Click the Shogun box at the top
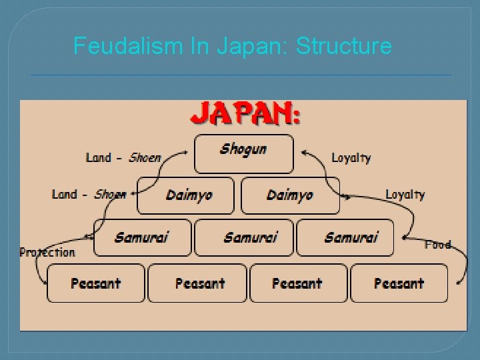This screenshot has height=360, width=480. [x=243, y=153]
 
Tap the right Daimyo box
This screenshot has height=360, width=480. [x=290, y=195]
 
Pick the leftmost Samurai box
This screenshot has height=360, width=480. [x=142, y=237]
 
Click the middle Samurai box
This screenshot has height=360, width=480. [x=243, y=237]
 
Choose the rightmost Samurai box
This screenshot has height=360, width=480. [x=345, y=237]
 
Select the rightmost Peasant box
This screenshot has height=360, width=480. [x=399, y=283]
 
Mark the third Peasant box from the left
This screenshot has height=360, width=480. [x=298, y=283]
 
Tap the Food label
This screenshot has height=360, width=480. [x=438, y=245]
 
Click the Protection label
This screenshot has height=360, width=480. [x=47, y=253]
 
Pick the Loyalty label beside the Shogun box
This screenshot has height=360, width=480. [x=351, y=158]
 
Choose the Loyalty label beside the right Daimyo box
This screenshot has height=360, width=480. [x=405, y=195]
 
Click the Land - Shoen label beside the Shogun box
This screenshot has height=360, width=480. [x=123, y=158]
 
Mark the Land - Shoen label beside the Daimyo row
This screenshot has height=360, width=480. [x=89, y=195]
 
